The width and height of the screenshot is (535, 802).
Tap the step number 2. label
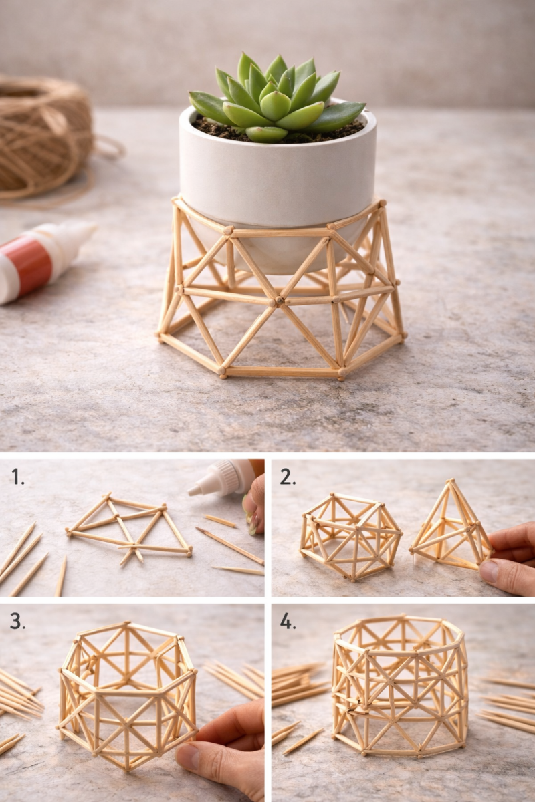[288, 476]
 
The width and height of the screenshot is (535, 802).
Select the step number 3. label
[17, 621]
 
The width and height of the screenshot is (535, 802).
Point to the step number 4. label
[288, 621]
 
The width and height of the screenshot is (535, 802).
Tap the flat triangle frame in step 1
[130, 528]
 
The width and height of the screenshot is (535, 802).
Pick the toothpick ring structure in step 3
[127, 695]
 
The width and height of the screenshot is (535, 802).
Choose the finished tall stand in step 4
[400, 685]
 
